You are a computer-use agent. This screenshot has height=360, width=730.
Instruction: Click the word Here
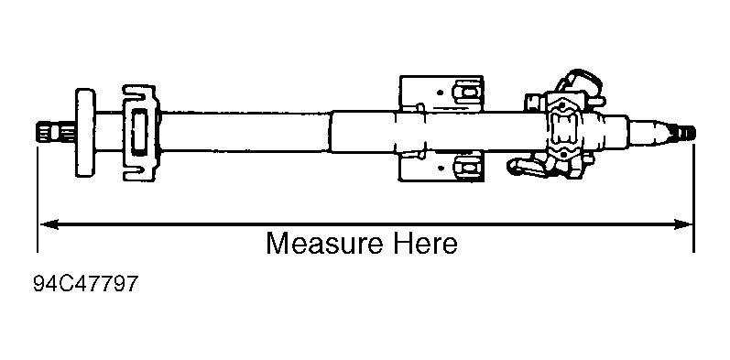[x=425, y=244]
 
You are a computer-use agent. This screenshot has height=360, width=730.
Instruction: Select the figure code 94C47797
[x=86, y=284]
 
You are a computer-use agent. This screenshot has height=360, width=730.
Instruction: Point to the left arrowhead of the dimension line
[x=49, y=224]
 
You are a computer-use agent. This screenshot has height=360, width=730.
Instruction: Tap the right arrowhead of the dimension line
[x=682, y=224]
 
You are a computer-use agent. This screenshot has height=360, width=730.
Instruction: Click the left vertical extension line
[x=38, y=198]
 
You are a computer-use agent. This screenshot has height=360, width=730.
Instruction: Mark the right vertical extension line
[x=693, y=198]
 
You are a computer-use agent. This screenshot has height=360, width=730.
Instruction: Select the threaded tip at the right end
[x=684, y=133]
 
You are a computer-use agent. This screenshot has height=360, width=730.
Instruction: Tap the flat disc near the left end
[x=85, y=133]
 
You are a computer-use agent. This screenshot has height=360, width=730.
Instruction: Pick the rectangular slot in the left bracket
[x=139, y=132]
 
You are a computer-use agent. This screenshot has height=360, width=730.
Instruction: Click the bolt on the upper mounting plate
[x=468, y=92]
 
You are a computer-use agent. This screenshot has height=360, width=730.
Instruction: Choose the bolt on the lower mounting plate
[x=467, y=167]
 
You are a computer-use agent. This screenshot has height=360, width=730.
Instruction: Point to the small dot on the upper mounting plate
[x=440, y=93]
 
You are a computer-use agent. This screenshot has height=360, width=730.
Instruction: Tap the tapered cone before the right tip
[x=649, y=132]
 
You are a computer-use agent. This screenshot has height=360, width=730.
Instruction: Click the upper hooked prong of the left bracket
[x=138, y=93]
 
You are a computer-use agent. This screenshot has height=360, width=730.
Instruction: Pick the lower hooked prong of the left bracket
[x=138, y=173]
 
